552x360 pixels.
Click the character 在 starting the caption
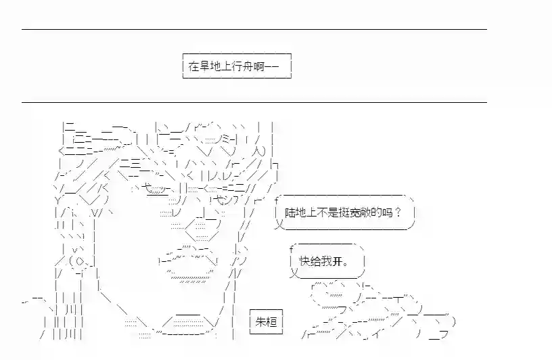193,66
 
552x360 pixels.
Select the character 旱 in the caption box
204,66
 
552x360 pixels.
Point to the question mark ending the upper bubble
398,212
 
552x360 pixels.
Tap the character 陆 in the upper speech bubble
290,212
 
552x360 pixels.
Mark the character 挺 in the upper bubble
344,212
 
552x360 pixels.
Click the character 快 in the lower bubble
304,261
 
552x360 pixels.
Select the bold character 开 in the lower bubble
337,261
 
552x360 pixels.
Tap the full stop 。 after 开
346,264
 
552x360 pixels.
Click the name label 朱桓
266,321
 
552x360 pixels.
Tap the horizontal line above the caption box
254,29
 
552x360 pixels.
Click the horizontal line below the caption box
254,102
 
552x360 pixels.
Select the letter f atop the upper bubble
277,201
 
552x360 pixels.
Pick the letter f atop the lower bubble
291,250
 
